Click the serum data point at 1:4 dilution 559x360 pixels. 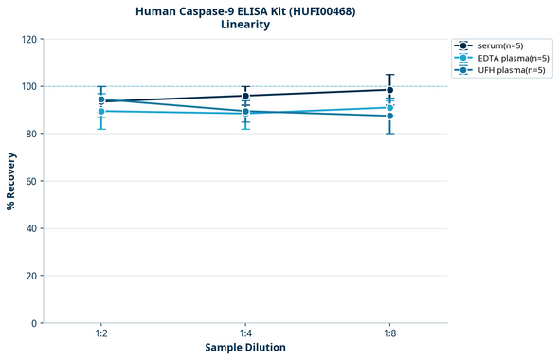(x=245, y=96)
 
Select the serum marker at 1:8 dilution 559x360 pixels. (x=389, y=90)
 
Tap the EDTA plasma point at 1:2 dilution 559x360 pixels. (x=101, y=112)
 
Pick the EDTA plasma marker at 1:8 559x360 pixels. (x=389, y=108)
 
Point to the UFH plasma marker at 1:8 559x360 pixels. (x=389, y=116)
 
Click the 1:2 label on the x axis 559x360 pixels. (x=101, y=333)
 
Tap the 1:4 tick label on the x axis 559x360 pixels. (x=245, y=333)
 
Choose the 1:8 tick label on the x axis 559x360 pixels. (x=389, y=333)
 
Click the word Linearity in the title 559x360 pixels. (x=245, y=25)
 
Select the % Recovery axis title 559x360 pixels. (x=11, y=180)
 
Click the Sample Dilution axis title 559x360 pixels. (x=245, y=348)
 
